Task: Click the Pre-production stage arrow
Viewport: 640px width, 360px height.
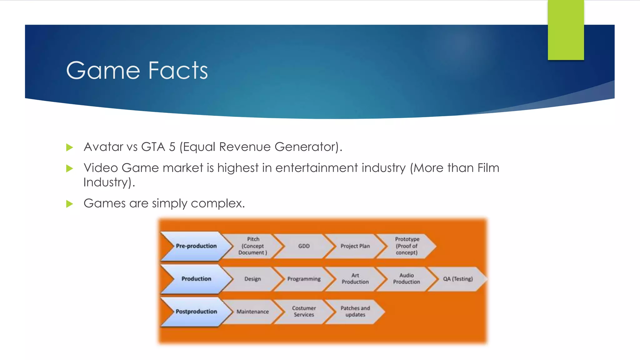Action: click(196, 246)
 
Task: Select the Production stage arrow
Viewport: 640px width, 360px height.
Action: click(196, 279)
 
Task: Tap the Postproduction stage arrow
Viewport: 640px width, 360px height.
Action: click(196, 312)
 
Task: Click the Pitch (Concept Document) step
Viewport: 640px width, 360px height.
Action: click(253, 246)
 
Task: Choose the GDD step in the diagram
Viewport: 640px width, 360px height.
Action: click(304, 246)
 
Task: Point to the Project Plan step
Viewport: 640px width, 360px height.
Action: click(355, 246)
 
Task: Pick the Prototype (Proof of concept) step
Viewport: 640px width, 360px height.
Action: click(407, 246)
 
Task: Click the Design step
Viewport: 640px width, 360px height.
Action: click(252, 279)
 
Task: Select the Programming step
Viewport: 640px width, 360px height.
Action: click(304, 279)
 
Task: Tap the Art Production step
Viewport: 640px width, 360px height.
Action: click(355, 279)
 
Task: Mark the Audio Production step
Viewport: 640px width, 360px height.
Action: click(406, 279)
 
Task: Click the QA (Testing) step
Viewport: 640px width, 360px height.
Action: click(457, 279)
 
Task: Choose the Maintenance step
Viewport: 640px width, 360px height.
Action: click(252, 312)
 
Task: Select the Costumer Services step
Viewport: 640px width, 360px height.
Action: click(304, 312)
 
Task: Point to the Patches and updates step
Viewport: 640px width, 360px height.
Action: click(355, 312)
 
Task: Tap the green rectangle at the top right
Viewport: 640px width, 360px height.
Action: click(566, 30)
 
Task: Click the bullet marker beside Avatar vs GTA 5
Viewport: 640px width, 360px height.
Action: click(69, 147)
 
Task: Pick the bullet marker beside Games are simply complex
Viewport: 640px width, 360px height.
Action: click(69, 204)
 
